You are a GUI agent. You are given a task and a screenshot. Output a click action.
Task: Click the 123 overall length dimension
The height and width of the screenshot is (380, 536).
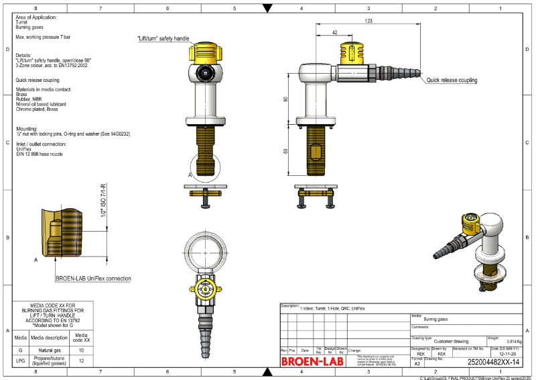coord(368,21)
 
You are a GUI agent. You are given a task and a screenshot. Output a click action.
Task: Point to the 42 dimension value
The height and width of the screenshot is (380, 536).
coord(334,32)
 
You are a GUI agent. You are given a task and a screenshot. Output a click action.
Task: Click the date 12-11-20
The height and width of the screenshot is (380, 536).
coord(507,354)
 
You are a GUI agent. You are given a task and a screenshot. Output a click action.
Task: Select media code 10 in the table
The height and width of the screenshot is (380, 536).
coord(81,350)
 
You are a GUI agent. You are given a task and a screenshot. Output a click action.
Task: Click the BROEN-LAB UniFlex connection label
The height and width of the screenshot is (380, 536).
coord(93,278)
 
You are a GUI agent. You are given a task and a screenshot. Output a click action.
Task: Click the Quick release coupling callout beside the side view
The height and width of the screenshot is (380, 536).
coord(452,80)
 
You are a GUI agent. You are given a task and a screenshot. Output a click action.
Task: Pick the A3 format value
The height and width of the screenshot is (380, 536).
coord(417,361)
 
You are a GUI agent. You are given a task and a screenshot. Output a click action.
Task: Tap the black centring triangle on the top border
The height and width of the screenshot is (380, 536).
coord(268,9)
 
